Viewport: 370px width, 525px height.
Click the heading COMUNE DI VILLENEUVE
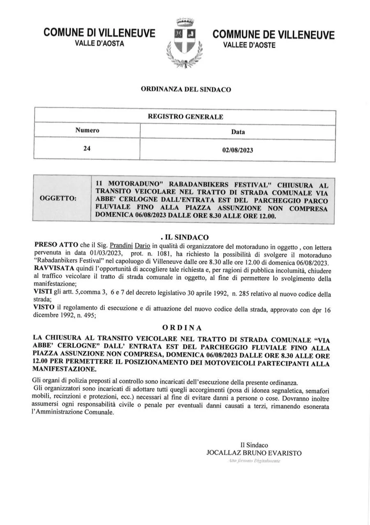[x=99, y=33]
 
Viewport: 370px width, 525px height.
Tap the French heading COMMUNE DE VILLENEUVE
[x=273, y=34]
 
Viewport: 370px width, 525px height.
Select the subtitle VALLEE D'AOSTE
[x=249, y=45]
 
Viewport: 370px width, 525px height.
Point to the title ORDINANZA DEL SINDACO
[x=186, y=89]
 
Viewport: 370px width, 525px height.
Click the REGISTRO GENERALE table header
[x=185, y=117]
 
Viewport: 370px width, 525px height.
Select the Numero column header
[x=87, y=130]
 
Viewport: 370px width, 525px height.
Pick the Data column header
[x=238, y=132]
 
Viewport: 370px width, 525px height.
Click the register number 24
[x=87, y=149]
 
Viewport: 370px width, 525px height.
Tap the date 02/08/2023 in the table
[x=238, y=150]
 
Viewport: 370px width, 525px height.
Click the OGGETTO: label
[x=58, y=199]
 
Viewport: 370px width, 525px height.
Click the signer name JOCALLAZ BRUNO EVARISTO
[x=254, y=453]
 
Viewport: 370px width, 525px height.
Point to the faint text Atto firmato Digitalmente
[x=254, y=461]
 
